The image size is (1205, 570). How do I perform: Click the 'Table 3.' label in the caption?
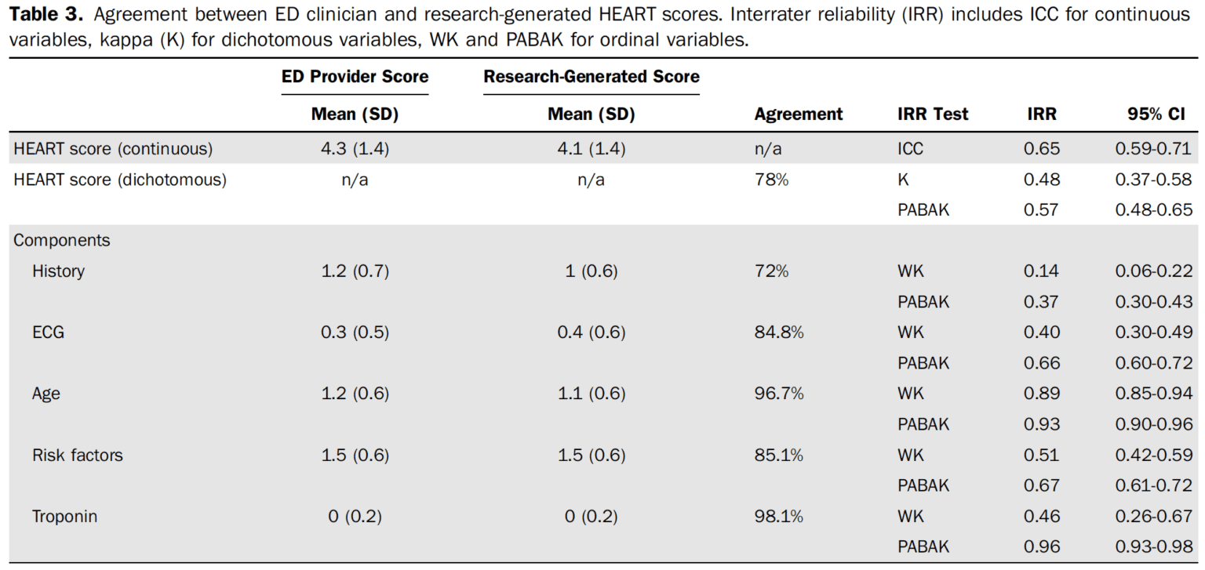pyautogui.click(x=46, y=14)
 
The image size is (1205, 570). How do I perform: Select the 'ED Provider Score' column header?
pyautogui.click(x=355, y=77)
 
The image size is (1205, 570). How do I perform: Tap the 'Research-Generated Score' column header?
pyautogui.click(x=591, y=77)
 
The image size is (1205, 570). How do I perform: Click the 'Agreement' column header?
pyautogui.click(x=798, y=114)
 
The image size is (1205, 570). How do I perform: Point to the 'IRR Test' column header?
pyautogui.click(x=932, y=114)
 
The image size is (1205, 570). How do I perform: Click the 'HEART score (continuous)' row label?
pyautogui.click(x=113, y=149)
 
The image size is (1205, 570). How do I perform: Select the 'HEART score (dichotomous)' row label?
pyautogui.click(x=120, y=180)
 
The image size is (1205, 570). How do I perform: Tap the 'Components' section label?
pyautogui.click(x=62, y=241)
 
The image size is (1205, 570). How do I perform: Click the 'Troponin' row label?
pyautogui.click(x=64, y=517)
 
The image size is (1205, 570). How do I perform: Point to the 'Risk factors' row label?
pyautogui.click(x=78, y=456)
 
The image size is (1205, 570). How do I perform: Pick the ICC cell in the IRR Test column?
pyautogui.click(x=910, y=149)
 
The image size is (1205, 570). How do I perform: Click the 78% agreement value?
pyautogui.click(x=771, y=180)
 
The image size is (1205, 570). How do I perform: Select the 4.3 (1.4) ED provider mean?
pyautogui.click(x=355, y=149)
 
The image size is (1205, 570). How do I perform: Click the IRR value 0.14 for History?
pyautogui.click(x=1041, y=271)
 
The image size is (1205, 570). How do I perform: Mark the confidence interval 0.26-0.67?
pyautogui.click(x=1153, y=517)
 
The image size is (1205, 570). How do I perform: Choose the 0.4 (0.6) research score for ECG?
pyautogui.click(x=591, y=332)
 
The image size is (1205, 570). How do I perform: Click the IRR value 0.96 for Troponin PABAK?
pyautogui.click(x=1041, y=547)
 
